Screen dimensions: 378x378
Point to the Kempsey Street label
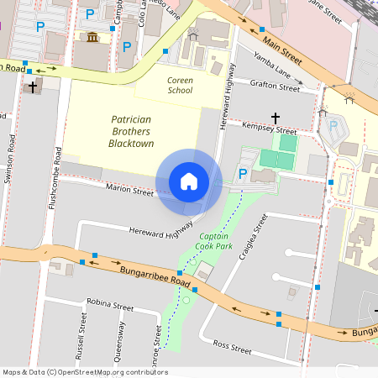tap(269, 131)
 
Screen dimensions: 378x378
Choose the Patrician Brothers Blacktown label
tap(133, 131)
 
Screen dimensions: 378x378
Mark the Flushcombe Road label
tap(55, 179)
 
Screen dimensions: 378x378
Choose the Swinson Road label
tap(11, 154)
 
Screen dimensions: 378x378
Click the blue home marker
tap(189, 181)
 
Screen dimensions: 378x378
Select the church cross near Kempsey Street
tap(275, 118)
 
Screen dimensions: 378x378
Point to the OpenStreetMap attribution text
tap(85, 372)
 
